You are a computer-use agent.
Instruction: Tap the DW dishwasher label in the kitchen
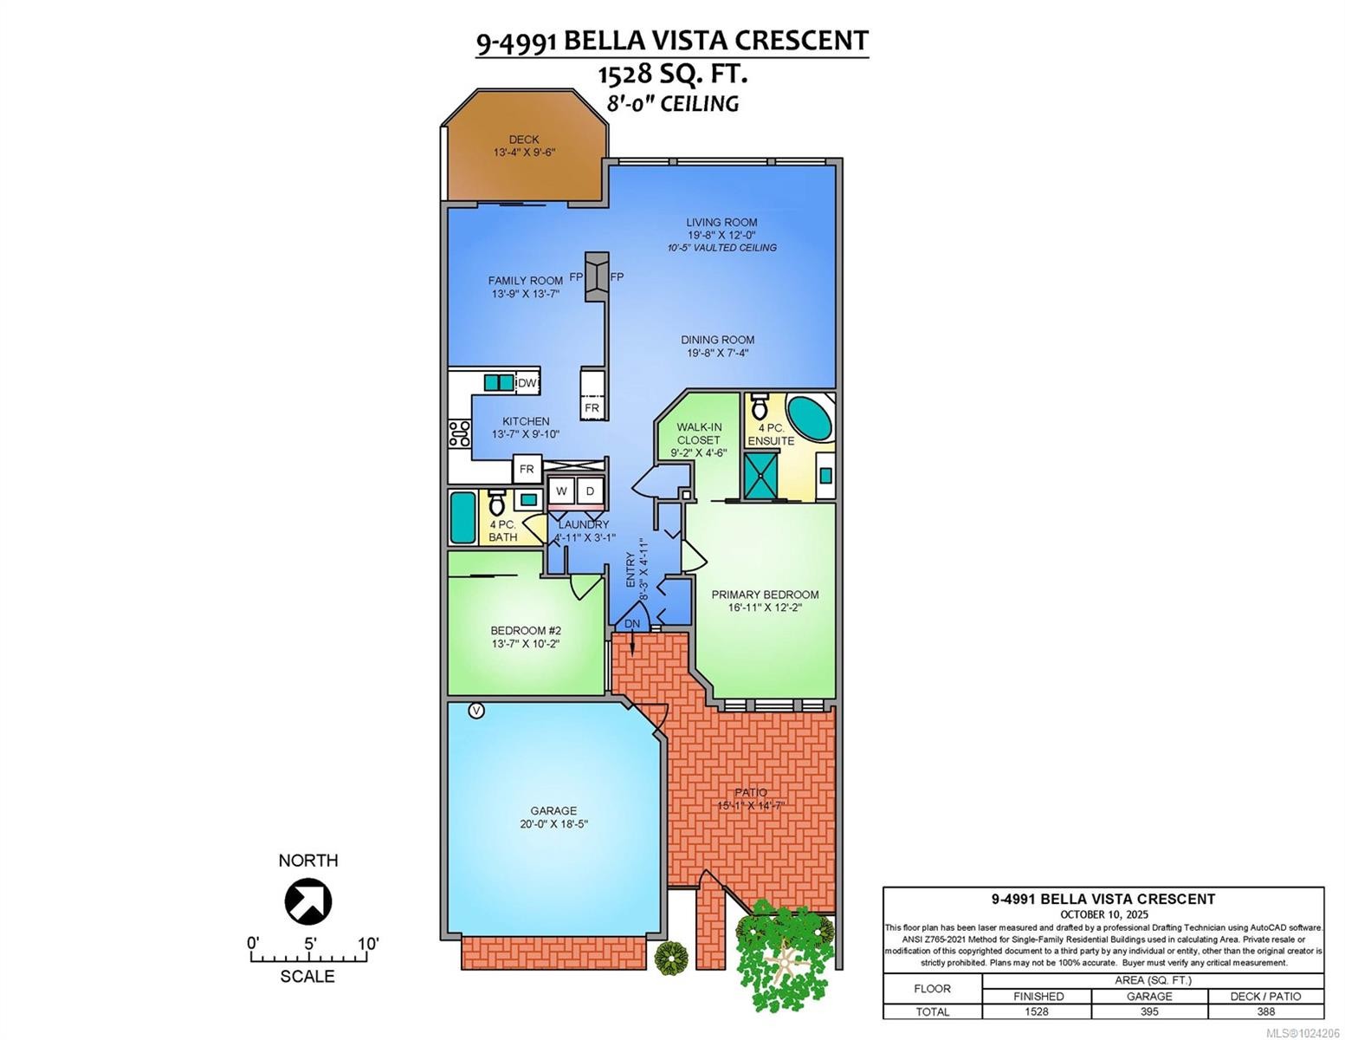point(527,383)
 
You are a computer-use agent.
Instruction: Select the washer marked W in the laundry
point(561,491)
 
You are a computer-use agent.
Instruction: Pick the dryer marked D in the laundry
point(590,491)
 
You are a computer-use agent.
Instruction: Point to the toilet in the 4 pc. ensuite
point(760,406)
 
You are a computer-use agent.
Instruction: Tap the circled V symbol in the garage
point(475,711)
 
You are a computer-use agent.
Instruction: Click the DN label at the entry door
point(632,623)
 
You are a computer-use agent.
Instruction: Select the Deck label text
point(523,139)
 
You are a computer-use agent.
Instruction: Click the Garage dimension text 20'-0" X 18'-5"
point(553,824)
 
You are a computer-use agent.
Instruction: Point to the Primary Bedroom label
point(765,595)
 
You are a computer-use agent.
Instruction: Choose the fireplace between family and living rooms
point(596,277)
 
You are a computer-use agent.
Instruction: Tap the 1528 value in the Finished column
point(1037,1011)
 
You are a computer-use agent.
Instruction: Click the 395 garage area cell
point(1149,1011)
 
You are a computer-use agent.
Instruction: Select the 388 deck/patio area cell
point(1265,1011)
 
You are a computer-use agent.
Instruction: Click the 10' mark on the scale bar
point(367,943)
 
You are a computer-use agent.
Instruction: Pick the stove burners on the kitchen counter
point(457,433)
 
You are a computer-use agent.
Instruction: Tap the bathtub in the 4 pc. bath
point(462,517)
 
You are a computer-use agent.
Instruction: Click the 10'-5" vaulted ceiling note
point(721,248)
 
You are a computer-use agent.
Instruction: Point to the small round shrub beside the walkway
point(670,957)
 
